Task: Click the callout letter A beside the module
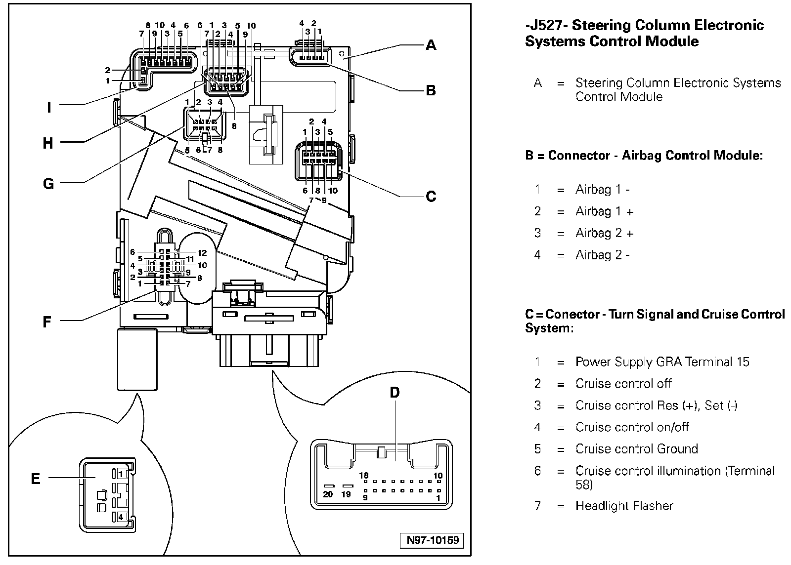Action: [431, 45]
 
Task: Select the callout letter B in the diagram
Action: [431, 90]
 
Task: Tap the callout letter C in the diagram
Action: [431, 197]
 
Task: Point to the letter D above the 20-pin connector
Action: [395, 393]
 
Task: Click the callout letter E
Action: [36, 479]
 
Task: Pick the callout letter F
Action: [47, 322]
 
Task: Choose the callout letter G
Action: [48, 184]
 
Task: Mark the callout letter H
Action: [48, 143]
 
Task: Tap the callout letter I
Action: [49, 107]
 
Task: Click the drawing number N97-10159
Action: [433, 540]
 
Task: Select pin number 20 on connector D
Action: [328, 494]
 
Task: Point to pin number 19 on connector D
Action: [346, 494]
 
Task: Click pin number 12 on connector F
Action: [202, 253]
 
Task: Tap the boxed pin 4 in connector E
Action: [120, 517]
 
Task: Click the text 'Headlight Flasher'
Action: [624, 506]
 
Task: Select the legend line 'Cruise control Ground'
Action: [636, 449]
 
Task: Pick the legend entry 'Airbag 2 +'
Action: [604, 233]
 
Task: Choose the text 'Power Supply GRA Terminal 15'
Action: [662, 362]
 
